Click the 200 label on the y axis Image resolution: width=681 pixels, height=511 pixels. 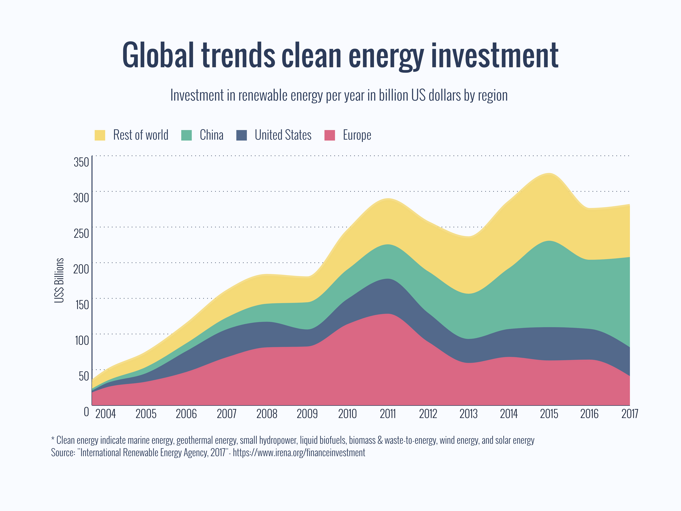81,269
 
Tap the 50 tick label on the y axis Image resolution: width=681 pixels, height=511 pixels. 83,376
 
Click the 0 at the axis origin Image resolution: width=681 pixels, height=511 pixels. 87,412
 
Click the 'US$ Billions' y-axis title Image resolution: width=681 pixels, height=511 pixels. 59,280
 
